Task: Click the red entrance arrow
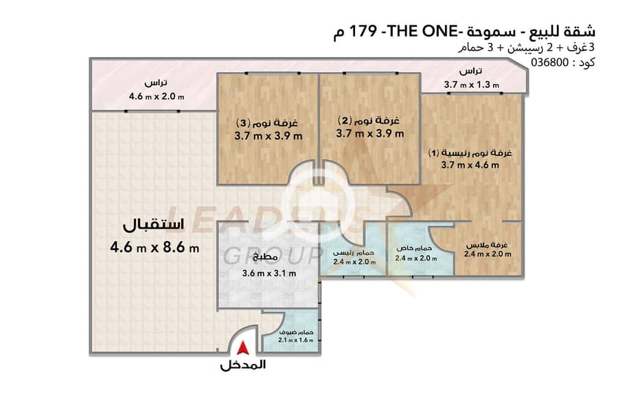click(x=243, y=347)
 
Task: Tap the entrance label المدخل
click(x=243, y=365)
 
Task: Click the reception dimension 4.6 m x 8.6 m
click(x=154, y=248)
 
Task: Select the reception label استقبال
click(x=154, y=225)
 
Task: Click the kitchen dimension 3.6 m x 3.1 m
click(x=268, y=273)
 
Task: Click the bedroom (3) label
click(x=267, y=123)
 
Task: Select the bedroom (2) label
click(x=369, y=120)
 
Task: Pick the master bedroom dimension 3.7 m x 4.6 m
click(x=470, y=165)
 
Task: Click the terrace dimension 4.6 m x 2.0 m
click(x=157, y=96)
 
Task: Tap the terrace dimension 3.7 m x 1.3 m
click(x=471, y=84)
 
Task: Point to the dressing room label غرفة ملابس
click(x=487, y=245)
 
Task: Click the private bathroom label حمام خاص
click(x=414, y=249)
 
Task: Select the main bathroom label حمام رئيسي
click(x=354, y=253)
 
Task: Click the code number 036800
click(x=550, y=62)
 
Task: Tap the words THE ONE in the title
click(x=423, y=31)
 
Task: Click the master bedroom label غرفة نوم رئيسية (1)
click(x=470, y=153)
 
